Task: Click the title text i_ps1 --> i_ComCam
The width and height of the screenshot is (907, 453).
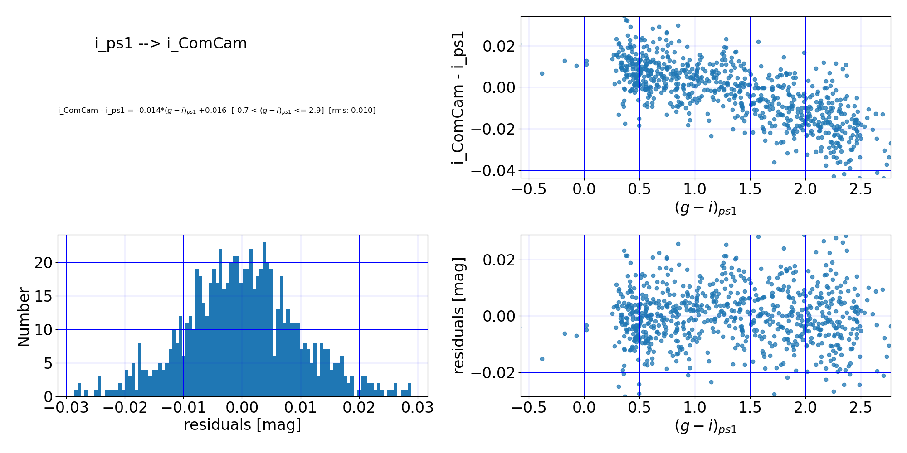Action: pos(171,43)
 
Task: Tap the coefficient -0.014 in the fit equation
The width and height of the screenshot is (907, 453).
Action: pos(147,111)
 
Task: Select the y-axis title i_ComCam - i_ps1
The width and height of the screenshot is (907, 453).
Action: pos(458,97)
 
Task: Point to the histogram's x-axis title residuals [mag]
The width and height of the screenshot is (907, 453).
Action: pos(242,425)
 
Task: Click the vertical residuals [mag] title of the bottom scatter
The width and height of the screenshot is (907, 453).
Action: pos(458,316)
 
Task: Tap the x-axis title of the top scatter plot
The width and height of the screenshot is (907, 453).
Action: pos(705,208)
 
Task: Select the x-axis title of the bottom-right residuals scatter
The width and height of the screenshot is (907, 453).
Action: pos(705,426)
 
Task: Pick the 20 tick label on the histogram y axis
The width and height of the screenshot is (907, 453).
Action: pos(44,263)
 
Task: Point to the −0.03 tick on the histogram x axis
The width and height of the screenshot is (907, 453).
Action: pos(66,408)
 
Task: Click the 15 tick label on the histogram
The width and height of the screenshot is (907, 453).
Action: pos(44,296)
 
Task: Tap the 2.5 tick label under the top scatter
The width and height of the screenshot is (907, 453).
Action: pos(861,189)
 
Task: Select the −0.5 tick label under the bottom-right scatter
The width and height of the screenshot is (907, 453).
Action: pos(529,408)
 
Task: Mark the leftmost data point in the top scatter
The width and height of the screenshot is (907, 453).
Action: pos(542,73)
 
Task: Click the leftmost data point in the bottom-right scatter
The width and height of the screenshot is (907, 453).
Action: pos(542,359)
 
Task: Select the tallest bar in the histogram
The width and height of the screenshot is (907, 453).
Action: pos(264,319)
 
